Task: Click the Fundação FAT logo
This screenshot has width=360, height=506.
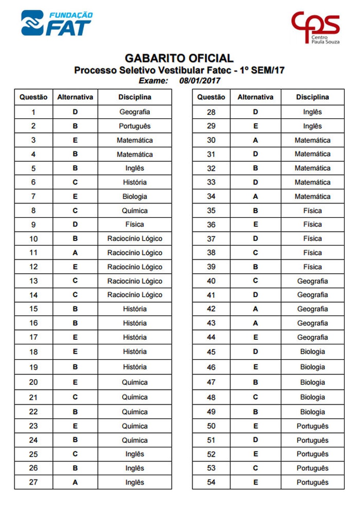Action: coord(57,23)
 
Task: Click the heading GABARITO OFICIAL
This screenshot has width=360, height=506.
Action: coord(179,58)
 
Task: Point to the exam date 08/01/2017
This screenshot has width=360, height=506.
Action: coord(200,81)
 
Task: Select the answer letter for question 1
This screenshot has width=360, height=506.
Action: coord(75,112)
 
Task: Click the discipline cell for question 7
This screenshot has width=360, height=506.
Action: coord(135,197)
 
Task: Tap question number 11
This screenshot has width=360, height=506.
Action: coord(33,253)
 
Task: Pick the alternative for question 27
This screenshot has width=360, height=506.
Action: coord(75,482)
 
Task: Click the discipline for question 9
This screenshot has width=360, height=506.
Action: coord(135,224)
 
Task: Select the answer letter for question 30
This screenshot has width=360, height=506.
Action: coord(255,140)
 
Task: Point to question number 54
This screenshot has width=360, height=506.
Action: coord(211,482)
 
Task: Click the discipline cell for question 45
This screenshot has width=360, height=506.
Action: coord(312,351)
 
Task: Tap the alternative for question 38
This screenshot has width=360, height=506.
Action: coord(255,253)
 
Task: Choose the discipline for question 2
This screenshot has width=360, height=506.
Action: coord(135,126)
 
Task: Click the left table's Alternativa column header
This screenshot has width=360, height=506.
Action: coord(75,97)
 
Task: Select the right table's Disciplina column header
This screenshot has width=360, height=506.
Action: coord(312,97)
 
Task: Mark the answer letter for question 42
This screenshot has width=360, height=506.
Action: coord(255,309)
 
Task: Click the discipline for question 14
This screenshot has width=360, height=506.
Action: coord(135,295)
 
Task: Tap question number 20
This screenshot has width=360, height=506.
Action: coord(33,382)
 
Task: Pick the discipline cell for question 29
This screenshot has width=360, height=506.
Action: coord(312,126)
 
